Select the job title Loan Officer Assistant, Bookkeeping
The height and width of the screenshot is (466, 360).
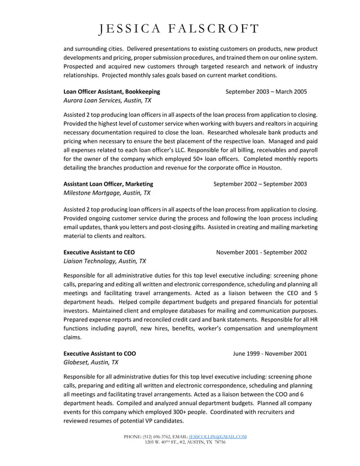pos(112,91)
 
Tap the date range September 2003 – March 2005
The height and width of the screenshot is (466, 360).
pos(266,91)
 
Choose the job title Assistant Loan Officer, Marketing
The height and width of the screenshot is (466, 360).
pos(108,183)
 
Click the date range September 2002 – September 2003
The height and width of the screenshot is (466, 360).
pos(260,183)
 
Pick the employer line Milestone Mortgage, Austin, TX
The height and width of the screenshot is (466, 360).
pos(107,193)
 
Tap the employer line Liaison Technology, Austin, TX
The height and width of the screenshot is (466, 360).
pos(104,261)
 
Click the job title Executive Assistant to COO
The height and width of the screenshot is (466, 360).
pos(99,353)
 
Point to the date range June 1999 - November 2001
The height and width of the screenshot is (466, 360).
pos(270,353)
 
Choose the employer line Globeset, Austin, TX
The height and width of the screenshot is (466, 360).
pos(91,363)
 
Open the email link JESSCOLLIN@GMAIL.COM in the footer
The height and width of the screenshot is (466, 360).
pos(217,437)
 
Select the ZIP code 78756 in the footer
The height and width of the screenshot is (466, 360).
pos(219,442)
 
